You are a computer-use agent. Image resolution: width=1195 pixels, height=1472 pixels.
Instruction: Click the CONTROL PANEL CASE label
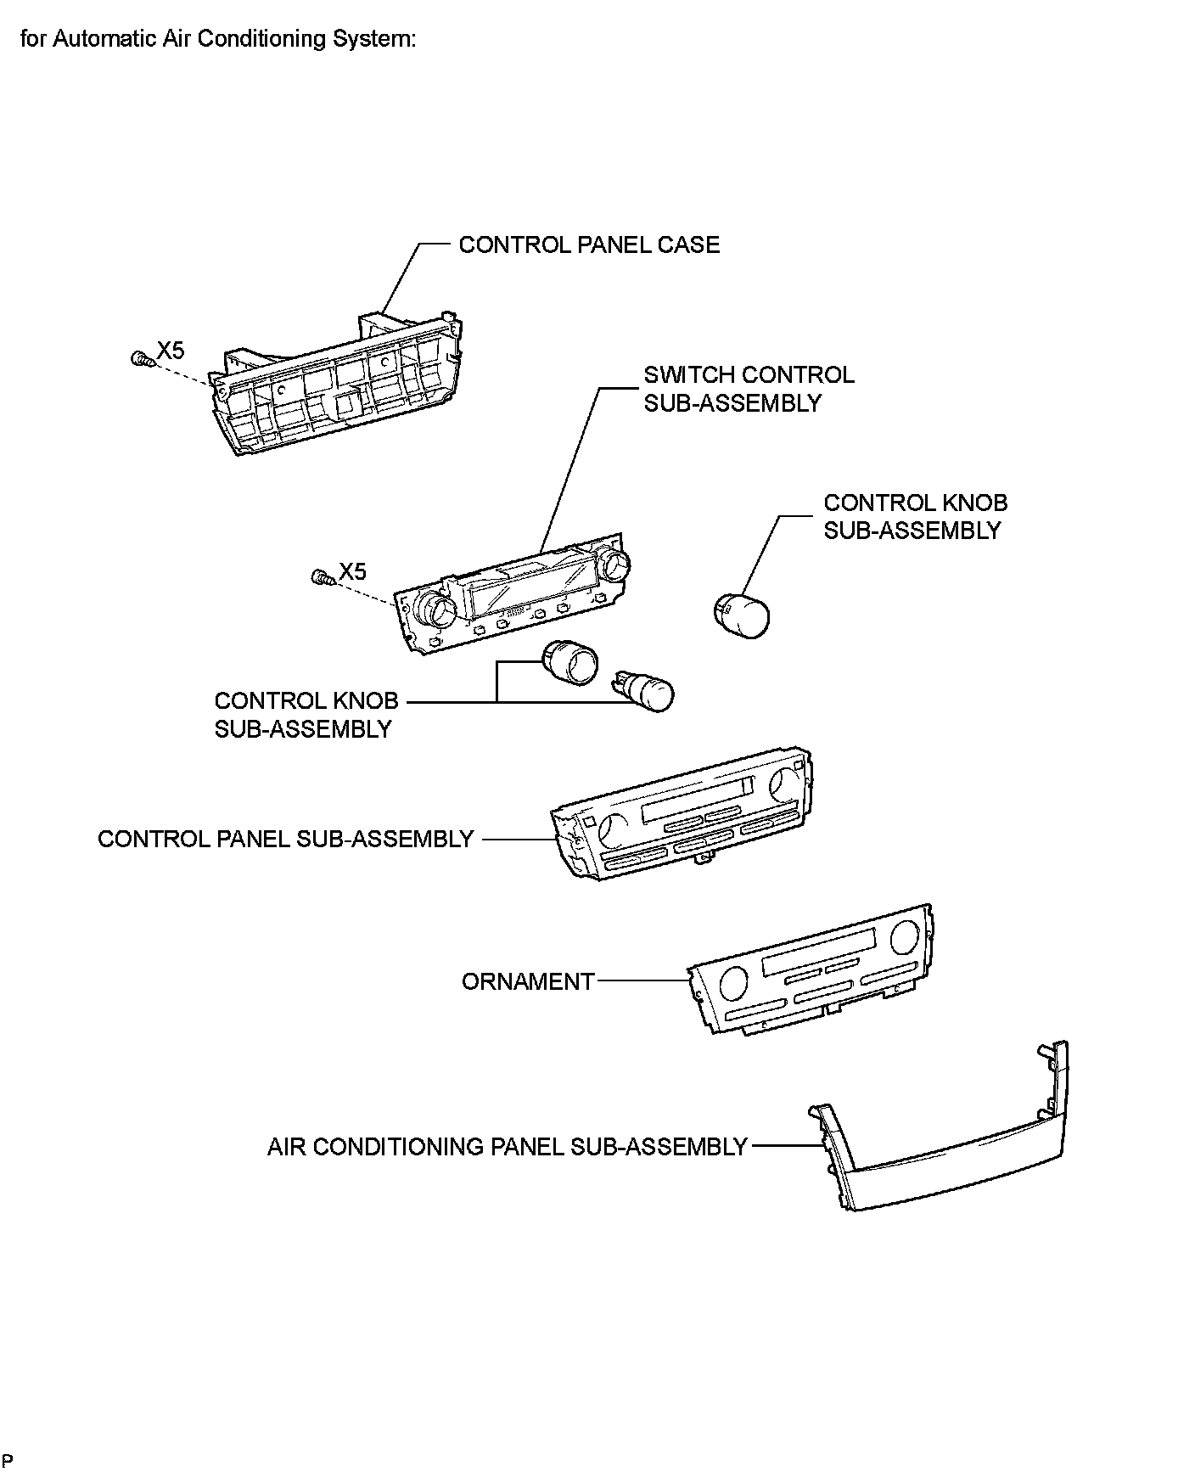point(588,244)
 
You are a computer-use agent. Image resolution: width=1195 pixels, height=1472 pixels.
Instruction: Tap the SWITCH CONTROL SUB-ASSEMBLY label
point(749,389)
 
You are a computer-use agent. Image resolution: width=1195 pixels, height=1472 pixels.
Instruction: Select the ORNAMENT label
point(527,981)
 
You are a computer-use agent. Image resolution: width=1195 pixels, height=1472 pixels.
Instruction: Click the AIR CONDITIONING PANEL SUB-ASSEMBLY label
point(507,1146)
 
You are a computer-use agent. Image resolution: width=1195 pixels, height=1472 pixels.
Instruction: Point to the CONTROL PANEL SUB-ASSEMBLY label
point(285,839)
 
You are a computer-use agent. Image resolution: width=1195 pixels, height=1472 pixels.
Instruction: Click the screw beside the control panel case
point(141,360)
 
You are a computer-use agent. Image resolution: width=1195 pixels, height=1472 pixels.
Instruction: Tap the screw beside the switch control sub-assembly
point(323,578)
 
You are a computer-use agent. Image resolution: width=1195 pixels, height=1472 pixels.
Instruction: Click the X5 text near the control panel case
point(170,350)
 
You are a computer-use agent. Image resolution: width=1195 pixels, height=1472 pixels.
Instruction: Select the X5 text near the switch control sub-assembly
point(352,571)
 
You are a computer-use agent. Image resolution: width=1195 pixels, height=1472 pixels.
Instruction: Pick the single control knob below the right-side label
point(740,615)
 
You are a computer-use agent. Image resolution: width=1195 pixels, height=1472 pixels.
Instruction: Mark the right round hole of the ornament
point(905,936)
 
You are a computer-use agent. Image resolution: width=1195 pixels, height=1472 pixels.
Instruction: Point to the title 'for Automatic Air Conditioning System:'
point(218,39)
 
